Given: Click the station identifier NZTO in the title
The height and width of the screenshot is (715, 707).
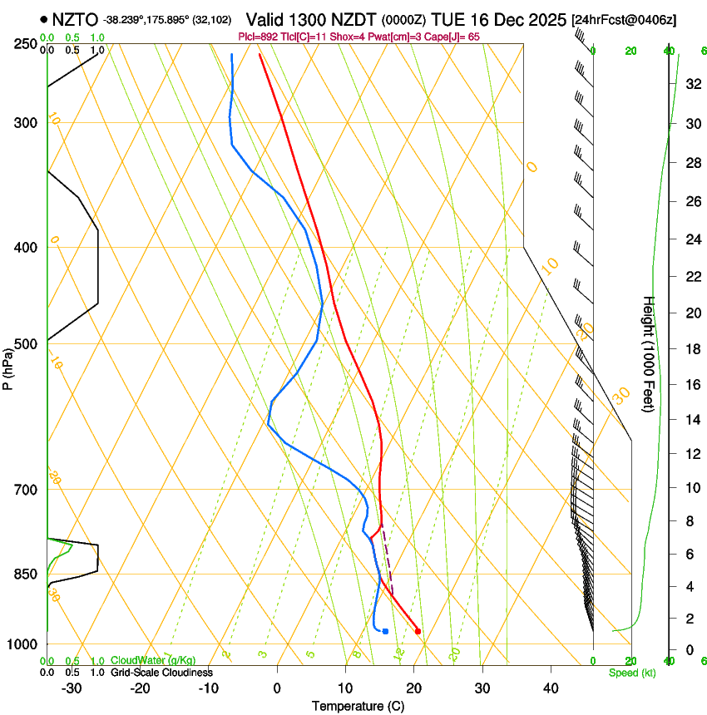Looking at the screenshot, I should [75, 19].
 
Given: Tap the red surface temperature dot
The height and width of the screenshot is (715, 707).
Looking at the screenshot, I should [418, 631].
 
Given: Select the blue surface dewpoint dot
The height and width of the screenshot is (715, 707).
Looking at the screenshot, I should [385, 631].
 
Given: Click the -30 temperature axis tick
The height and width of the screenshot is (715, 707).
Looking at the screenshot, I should [72, 688].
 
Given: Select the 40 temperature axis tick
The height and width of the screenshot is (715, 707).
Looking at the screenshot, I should [551, 688].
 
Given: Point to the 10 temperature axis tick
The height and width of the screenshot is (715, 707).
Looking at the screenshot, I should [345, 688].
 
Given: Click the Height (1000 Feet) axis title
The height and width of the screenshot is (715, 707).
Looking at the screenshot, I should [650, 353].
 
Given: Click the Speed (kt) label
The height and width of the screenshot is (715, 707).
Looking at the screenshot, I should [631, 673].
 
